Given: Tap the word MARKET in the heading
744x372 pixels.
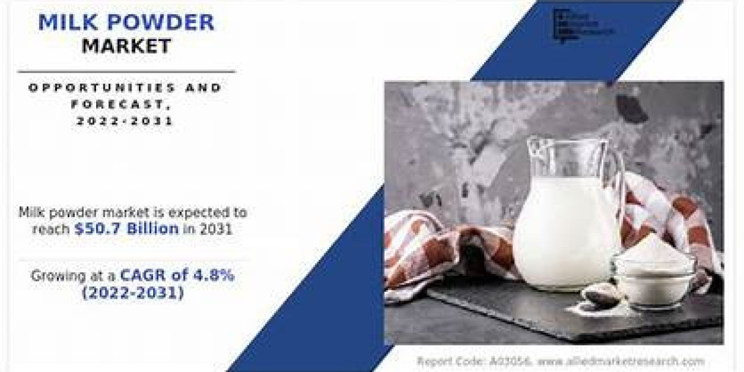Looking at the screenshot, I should pos(126,46).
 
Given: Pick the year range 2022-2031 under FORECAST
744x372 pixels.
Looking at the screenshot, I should pos(125,122).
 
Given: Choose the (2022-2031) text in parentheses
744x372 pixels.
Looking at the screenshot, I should pos(133,294).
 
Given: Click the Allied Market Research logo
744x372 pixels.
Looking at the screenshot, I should pos(583,25).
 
